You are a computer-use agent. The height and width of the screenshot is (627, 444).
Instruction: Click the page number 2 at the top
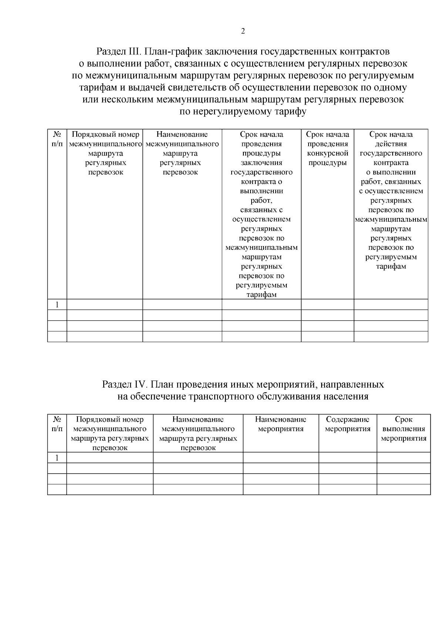click(x=243, y=31)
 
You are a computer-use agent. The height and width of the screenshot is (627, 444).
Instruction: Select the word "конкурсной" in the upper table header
click(x=327, y=153)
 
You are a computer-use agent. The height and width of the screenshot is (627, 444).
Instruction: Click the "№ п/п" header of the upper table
click(x=57, y=139)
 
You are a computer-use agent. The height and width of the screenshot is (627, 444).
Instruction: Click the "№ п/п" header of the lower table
click(x=57, y=424)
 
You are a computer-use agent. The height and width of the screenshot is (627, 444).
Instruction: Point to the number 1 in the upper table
click(x=57, y=305)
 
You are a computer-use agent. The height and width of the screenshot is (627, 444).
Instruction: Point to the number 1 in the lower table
click(x=57, y=458)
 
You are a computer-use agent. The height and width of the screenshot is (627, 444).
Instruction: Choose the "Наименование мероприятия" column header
click(x=280, y=424)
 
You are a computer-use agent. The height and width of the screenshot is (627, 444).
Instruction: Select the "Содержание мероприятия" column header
click(x=347, y=424)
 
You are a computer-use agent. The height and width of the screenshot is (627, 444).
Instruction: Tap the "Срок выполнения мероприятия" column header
click(x=403, y=429)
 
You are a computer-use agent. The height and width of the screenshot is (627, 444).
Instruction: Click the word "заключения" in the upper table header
click(x=261, y=163)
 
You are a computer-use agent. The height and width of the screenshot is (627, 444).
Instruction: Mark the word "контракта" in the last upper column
click(x=391, y=163)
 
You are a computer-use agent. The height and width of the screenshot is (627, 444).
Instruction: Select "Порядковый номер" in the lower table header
click(x=110, y=419)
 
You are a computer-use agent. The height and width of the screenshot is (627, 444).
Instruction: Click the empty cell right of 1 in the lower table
click(x=110, y=458)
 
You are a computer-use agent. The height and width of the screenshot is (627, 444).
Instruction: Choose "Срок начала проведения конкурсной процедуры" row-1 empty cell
click(x=327, y=305)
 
